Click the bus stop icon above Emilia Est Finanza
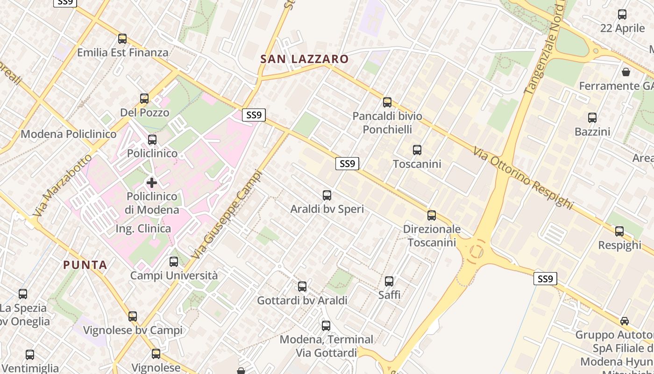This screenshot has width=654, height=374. (122, 39)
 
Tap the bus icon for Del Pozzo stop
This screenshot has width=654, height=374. (144, 99)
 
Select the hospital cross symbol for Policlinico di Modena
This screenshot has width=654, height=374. (152, 182)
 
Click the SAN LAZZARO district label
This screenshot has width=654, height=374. (305, 59)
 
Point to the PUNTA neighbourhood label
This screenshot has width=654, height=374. (85, 265)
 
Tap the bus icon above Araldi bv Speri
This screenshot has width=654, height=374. (327, 195)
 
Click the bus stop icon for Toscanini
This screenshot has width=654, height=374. (417, 150)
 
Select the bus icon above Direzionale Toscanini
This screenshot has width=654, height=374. (432, 216)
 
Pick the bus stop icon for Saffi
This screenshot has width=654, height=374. (389, 281)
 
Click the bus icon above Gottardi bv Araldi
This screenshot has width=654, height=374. (302, 287)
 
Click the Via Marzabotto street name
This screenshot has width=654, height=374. (62, 185)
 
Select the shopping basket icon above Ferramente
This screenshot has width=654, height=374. (626, 72)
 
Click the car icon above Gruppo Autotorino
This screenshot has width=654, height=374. (625, 321)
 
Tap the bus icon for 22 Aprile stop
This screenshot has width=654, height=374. (622, 14)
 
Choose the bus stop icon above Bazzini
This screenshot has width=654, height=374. (592, 118)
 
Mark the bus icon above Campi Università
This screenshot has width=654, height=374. (174, 262)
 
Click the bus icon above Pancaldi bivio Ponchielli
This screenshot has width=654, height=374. (387, 102)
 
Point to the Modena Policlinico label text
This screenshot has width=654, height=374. (69, 135)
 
